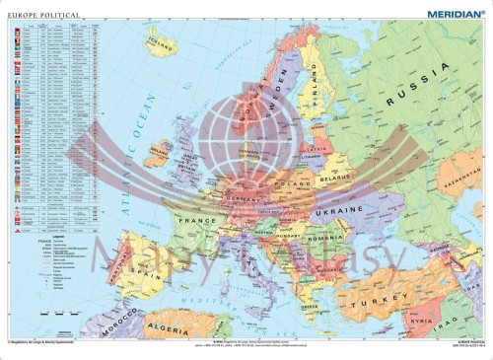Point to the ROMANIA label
click(320, 240)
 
